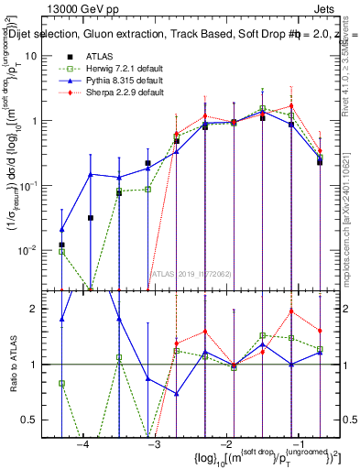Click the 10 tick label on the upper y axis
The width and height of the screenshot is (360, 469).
(x=42, y=56)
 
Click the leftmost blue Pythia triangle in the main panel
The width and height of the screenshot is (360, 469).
(x=61, y=230)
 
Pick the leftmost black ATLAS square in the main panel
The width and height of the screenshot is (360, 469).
(x=61, y=245)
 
